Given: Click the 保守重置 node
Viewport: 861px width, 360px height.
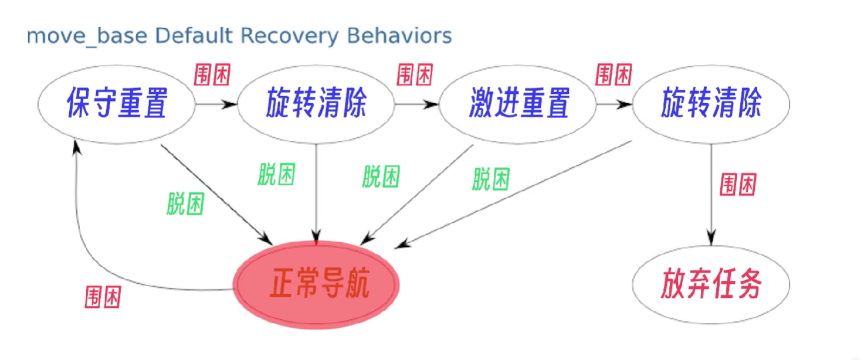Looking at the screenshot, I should pyautogui.click(x=116, y=105).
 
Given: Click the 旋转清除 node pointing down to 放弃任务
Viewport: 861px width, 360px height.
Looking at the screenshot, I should pyautogui.click(x=711, y=105).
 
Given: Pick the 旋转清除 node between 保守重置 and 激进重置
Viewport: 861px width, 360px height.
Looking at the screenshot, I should pyautogui.click(x=316, y=105).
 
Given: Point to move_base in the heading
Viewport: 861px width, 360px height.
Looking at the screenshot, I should pyautogui.click(x=88, y=37).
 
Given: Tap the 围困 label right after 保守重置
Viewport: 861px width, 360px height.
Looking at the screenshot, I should pyautogui.click(x=212, y=75).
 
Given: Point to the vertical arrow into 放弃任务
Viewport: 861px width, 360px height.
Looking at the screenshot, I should pyautogui.click(x=711, y=193).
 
